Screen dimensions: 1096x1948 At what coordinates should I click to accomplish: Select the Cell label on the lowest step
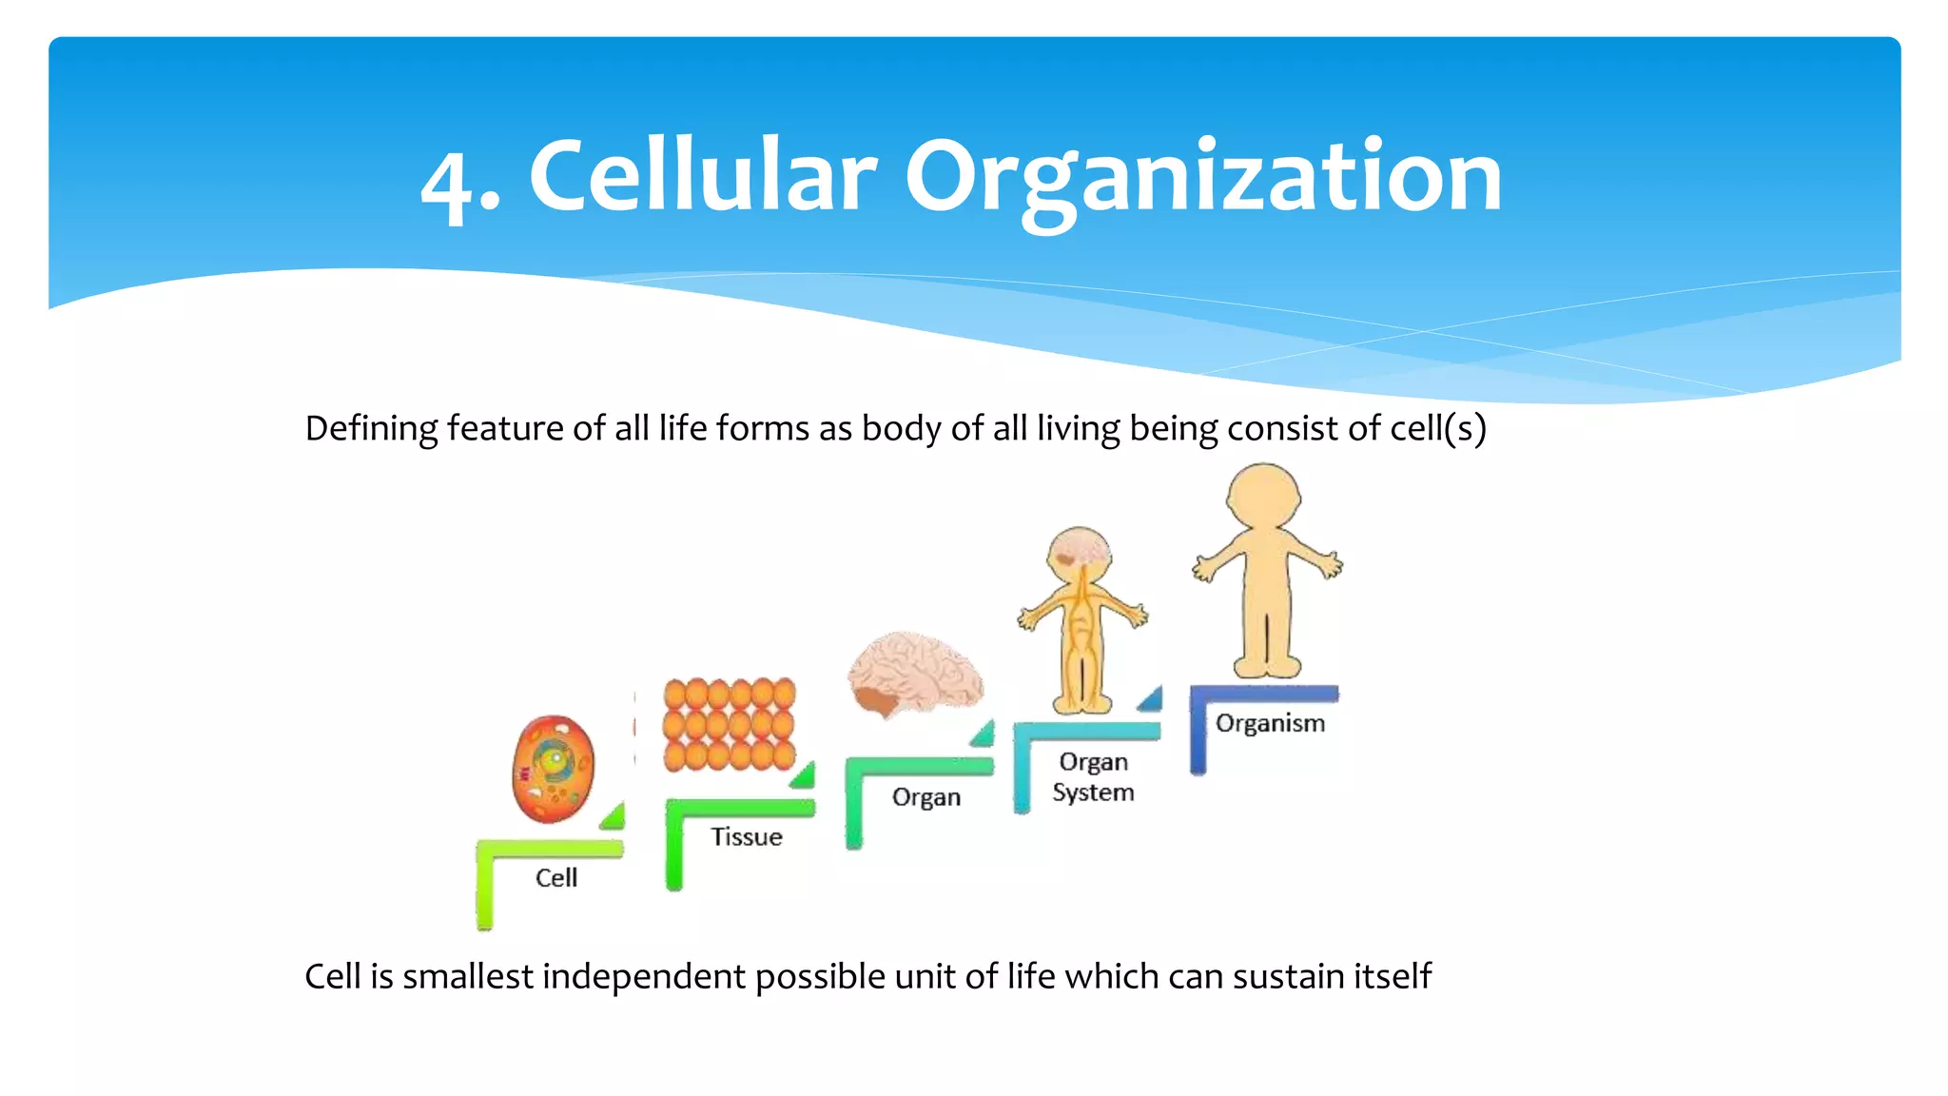pos(555,877)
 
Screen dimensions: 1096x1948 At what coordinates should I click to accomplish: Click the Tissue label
pos(747,836)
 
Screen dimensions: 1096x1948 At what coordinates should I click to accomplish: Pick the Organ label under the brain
pos(925,797)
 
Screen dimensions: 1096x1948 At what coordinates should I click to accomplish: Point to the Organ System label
pos(1093,777)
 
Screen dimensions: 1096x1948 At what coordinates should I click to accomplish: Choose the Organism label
pos(1270,723)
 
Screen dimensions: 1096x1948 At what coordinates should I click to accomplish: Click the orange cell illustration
pos(553,769)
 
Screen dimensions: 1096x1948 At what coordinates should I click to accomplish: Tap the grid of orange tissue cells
pos(730,724)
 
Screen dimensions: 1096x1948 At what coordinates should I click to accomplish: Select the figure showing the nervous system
pos(1081,618)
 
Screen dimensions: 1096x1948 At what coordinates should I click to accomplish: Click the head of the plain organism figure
pos(1264,495)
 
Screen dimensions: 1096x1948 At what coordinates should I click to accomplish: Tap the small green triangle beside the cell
pos(614,816)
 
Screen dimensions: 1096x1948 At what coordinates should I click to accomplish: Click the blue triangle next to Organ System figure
pos(1151,699)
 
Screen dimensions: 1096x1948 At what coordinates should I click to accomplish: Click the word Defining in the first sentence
pos(371,429)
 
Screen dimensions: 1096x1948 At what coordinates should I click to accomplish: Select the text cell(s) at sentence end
pos(1437,429)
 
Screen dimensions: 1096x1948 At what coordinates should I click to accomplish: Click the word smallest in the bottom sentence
pos(467,977)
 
